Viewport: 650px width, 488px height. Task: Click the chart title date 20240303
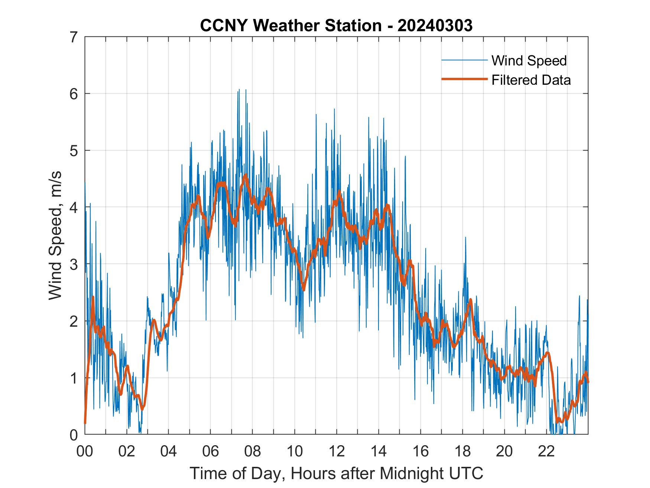pyautogui.click(x=435, y=26)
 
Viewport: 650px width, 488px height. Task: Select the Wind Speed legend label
pyautogui.click(x=529, y=61)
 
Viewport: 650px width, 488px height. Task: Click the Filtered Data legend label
pyautogui.click(x=531, y=80)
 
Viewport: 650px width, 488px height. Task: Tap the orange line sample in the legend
pyautogui.click(x=464, y=79)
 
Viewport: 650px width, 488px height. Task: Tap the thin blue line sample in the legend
pyautogui.click(x=464, y=60)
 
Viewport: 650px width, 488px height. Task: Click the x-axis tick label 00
pyautogui.click(x=85, y=451)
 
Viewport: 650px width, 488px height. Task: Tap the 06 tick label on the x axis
pyautogui.click(x=211, y=451)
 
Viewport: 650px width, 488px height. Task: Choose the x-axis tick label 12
pyautogui.click(x=337, y=451)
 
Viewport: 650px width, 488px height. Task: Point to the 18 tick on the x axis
pyautogui.click(x=462, y=451)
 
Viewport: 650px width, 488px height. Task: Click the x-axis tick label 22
pyautogui.click(x=546, y=451)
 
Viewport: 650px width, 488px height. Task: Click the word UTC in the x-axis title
pyautogui.click(x=468, y=473)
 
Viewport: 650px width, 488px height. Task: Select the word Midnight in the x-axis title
pyautogui.click(x=412, y=473)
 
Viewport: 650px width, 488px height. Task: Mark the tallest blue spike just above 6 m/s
pyautogui.click(x=239, y=90)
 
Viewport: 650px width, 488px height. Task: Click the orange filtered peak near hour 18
pyautogui.click(x=471, y=300)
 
